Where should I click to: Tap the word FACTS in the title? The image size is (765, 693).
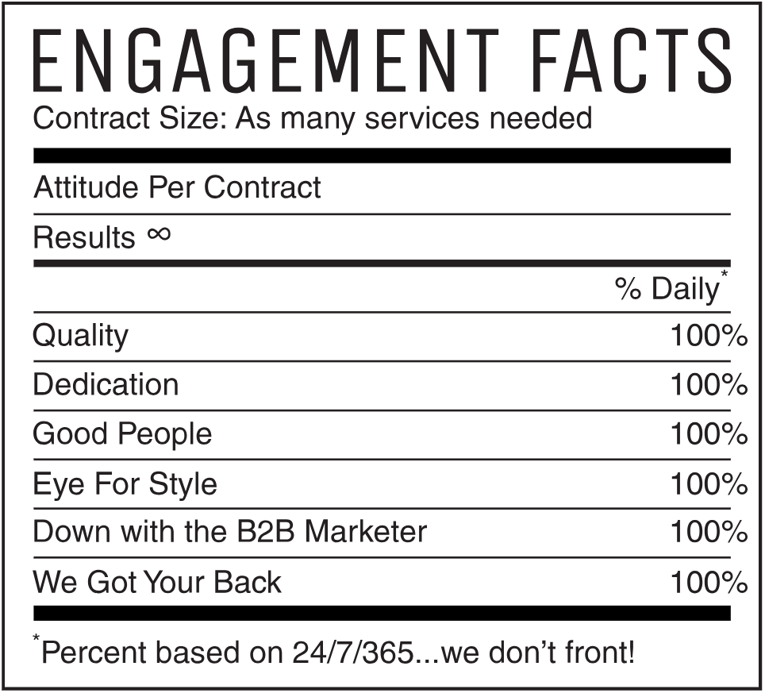point(634,61)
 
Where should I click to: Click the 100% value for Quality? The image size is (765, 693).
point(709,336)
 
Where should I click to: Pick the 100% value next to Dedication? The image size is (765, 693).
point(709,385)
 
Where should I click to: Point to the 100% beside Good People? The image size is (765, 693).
point(709,434)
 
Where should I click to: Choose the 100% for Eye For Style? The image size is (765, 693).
point(709,483)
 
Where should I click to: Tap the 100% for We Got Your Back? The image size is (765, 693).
point(709,583)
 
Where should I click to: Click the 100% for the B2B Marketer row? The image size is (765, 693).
point(709,533)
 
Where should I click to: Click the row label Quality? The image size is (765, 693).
point(80,337)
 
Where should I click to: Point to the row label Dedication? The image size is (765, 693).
point(106,385)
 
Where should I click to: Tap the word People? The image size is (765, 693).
point(165,435)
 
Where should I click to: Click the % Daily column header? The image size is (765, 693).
point(667,289)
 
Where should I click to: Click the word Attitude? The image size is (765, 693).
point(86,188)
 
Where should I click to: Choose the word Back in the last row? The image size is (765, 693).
point(250,583)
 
